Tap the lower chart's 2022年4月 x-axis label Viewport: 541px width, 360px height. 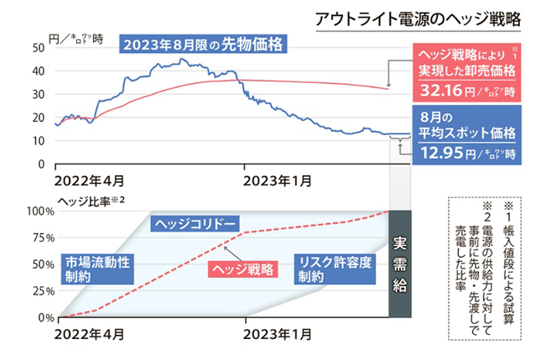(90, 333)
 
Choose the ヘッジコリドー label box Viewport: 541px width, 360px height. (194, 224)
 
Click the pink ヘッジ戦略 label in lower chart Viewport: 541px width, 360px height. (242, 269)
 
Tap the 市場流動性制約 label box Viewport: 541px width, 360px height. (97, 269)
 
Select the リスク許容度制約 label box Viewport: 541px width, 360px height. (333, 269)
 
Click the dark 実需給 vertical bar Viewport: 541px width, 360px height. (400, 264)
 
